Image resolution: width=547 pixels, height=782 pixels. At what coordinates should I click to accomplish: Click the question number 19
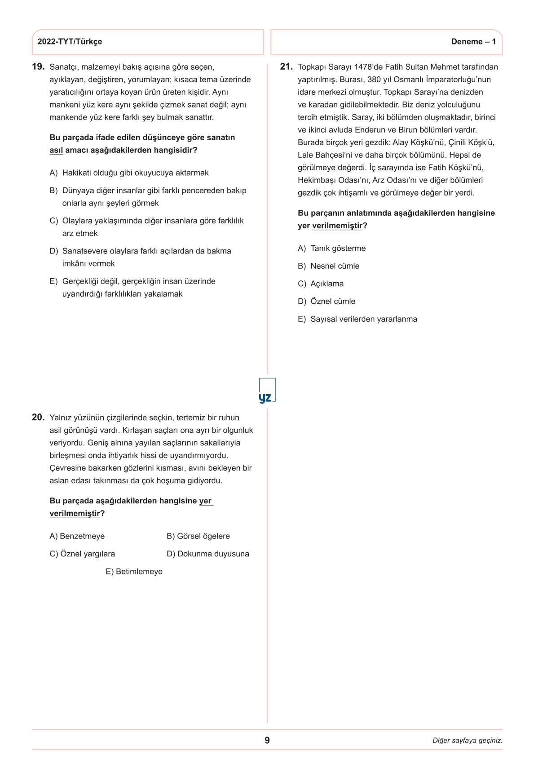point(38,67)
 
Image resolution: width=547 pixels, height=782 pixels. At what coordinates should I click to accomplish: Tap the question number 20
point(38,418)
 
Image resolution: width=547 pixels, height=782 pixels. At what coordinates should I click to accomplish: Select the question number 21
point(286,67)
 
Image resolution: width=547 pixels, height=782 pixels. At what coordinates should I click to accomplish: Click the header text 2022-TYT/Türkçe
point(70,42)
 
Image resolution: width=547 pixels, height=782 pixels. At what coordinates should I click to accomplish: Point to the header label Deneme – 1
point(473,42)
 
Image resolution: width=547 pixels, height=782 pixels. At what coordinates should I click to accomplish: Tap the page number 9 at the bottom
point(267,741)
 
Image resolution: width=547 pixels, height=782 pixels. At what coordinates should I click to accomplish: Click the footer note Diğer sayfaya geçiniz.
point(467,741)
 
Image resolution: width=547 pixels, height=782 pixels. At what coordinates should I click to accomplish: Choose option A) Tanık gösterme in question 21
point(332,249)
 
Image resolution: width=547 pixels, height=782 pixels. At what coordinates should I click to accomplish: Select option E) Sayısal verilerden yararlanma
point(357,319)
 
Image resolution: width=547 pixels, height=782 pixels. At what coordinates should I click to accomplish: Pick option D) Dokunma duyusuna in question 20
point(207,554)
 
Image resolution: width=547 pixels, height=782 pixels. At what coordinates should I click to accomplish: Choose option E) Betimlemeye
point(134,572)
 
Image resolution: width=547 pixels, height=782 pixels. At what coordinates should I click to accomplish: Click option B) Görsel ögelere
point(198,536)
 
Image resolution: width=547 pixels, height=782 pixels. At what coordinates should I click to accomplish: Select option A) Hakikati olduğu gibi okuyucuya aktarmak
point(129,173)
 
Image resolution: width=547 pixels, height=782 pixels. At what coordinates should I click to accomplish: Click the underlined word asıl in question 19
point(56,150)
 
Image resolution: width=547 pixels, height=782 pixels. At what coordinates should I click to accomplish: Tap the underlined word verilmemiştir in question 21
point(337,226)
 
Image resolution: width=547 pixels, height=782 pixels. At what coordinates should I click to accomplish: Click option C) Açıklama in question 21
point(321,284)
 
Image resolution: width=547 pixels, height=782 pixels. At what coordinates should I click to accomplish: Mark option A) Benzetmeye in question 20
point(77,536)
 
